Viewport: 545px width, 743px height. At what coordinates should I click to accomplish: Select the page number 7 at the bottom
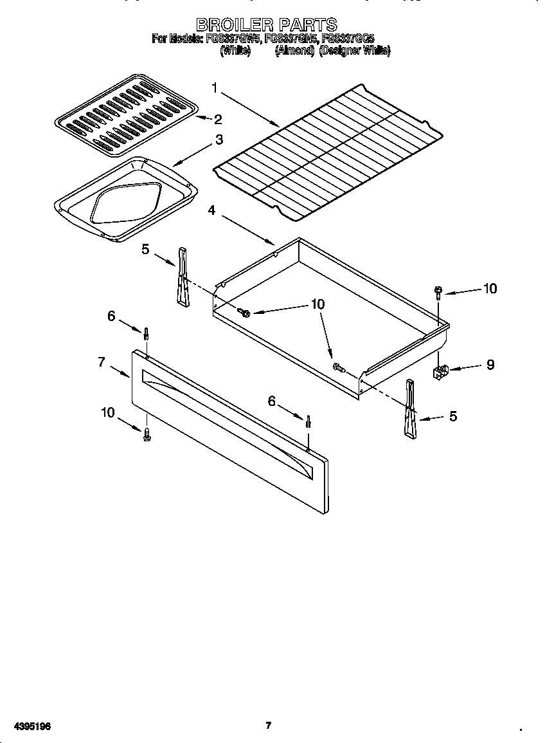click(x=269, y=726)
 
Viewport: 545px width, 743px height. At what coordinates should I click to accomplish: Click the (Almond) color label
click(x=294, y=51)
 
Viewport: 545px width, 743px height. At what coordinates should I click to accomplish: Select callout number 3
click(x=219, y=140)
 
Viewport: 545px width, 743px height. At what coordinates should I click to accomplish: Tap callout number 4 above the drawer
click(x=211, y=210)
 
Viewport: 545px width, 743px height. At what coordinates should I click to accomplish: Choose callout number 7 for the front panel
click(x=101, y=362)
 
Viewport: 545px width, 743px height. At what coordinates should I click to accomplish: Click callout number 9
click(x=490, y=365)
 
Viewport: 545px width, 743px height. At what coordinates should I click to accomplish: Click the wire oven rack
click(x=328, y=149)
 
